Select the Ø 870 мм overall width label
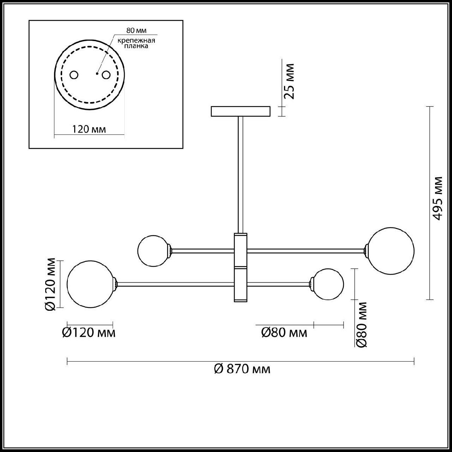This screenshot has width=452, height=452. (242, 369)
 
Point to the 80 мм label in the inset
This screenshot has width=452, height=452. (136, 31)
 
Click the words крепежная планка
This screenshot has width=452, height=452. (136, 43)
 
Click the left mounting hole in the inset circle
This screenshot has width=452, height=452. (74, 75)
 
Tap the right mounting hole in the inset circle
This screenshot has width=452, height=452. (106, 75)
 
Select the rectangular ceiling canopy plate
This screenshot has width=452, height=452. (241, 111)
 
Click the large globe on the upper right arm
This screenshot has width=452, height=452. (391, 251)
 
